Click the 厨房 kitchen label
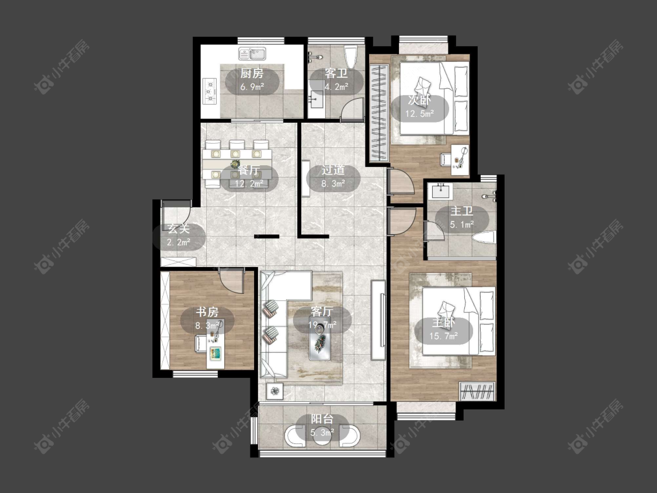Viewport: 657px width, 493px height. [x=252, y=74]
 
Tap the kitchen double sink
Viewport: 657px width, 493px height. [x=253, y=54]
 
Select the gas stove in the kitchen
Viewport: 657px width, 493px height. [x=209, y=91]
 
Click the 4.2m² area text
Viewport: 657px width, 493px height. [x=336, y=87]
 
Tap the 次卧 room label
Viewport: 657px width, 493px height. [x=419, y=100]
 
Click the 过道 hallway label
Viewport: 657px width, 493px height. [x=333, y=170]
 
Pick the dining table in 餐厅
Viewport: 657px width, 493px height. [x=237, y=164]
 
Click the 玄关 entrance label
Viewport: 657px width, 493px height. [x=179, y=229]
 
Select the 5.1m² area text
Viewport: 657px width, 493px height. [x=462, y=225]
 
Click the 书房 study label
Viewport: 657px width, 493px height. [x=207, y=313]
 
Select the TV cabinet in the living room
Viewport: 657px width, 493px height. [x=378, y=320]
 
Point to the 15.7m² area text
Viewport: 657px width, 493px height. [x=443, y=336]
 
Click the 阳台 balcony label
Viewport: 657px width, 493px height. [x=322, y=419]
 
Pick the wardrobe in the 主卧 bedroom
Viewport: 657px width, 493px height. [x=478, y=391]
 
